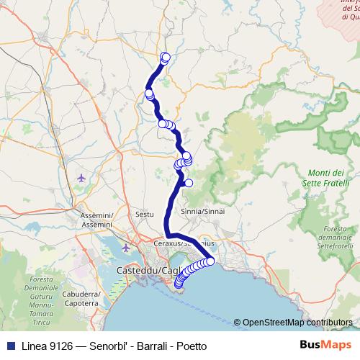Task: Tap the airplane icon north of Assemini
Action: [x=80, y=176]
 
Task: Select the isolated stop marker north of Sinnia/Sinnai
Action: [x=189, y=183]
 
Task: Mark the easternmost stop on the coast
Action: [x=211, y=261]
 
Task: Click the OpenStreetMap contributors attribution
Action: [x=297, y=323]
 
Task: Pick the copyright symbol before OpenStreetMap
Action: [x=237, y=323]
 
